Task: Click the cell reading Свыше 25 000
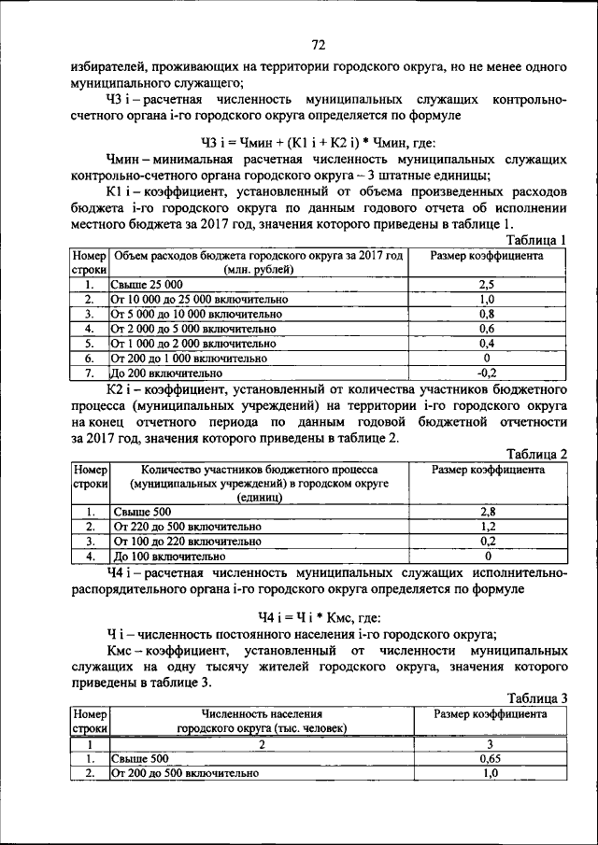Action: pyautogui.click(x=147, y=284)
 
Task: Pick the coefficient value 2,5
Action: pyautogui.click(x=486, y=284)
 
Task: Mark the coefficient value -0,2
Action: pyautogui.click(x=486, y=372)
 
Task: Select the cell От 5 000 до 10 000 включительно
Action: pyautogui.click(x=195, y=314)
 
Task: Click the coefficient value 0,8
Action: pyautogui.click(x=486, y=314)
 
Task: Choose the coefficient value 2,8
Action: pyautogui.click(x=487, y=512)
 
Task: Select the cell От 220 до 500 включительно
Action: pyautogui.click(x=187, y=527)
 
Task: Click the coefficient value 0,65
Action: pyautogui.click(x=489, y=759)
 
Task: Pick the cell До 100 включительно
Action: pyautogui.click(x=160, y=556)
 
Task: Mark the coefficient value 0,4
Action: pyautogui.click(x=486, y=343)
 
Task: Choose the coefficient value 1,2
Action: pyautogui.click(x=487, y=527)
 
